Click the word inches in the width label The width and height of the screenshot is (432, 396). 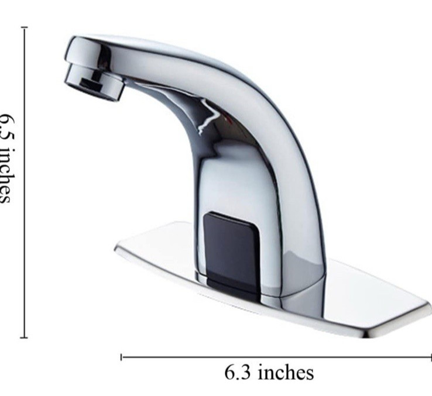[x=286, y=373]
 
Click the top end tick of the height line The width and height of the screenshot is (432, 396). [x=24, y=27]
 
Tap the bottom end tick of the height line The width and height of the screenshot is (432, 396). [x=24, y=337]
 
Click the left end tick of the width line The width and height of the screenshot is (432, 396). [x=121, y=357]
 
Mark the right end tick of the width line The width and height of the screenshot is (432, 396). [x=430, y=357]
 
